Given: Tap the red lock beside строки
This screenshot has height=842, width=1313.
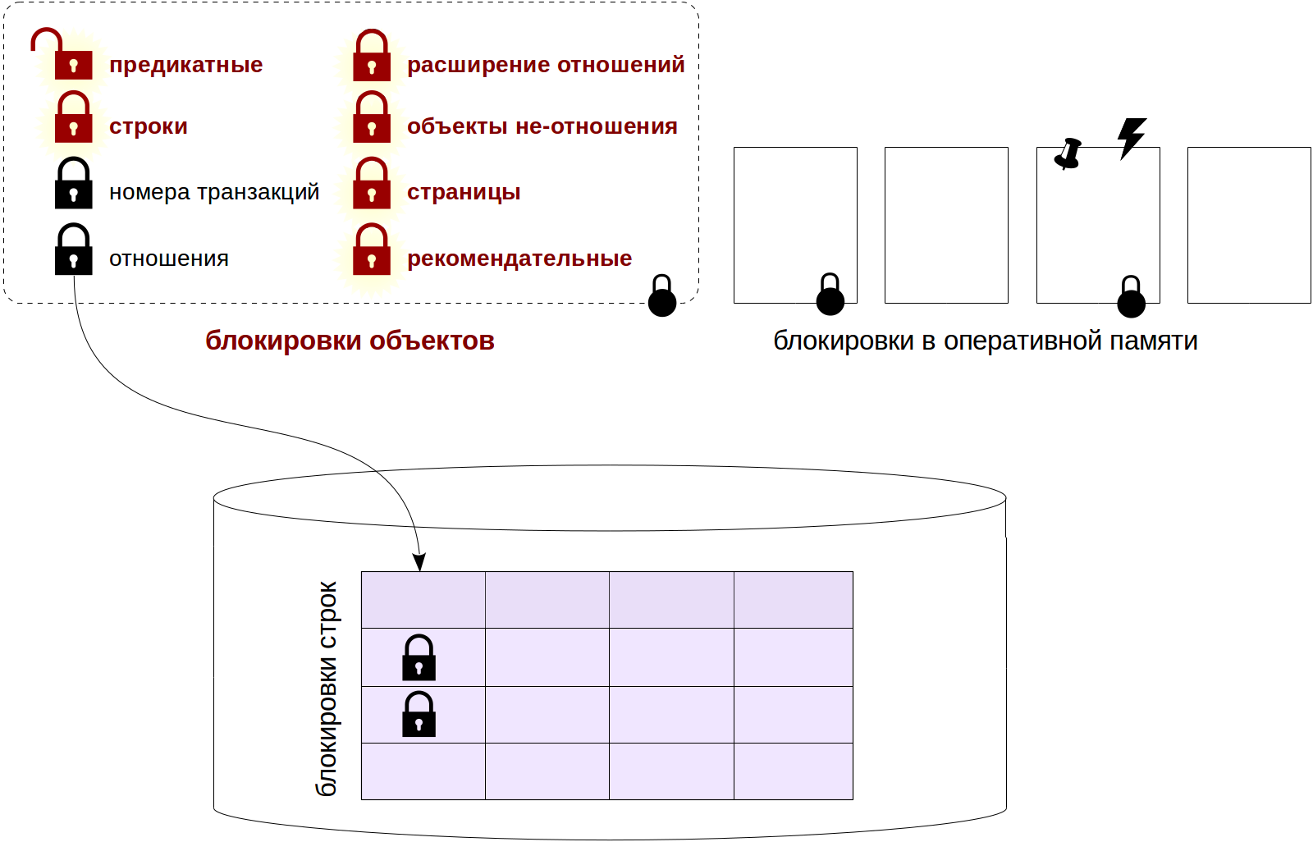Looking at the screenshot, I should coord(73,119).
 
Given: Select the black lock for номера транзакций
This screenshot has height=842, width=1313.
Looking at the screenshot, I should coord(73,185).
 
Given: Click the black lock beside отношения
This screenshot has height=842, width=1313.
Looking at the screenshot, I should coord(73,251).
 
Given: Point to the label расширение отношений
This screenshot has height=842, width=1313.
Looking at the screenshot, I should coord(546,65).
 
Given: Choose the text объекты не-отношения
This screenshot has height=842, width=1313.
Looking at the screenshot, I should coord(542,126).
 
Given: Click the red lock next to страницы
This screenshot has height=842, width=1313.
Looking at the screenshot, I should coord(372,185).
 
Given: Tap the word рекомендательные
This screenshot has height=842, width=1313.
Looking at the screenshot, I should coord(519,259).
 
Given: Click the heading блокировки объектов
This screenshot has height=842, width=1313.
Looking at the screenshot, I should coord(350,341).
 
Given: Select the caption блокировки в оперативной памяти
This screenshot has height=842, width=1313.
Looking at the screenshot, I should coord(986,341).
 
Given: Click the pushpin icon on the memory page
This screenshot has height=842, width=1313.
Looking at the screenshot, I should coord(1068,153).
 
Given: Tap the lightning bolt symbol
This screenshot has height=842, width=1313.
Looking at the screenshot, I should coord(1132,137).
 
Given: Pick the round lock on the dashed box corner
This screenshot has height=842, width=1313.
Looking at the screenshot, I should coord(662,297).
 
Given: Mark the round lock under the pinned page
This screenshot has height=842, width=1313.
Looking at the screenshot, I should coord(1131,298).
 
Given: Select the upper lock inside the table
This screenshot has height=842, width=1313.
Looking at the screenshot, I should coord(419,658).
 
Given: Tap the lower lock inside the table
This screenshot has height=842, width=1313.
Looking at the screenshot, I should coord(419,715).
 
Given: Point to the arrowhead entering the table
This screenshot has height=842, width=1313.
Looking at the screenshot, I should coord(419,563).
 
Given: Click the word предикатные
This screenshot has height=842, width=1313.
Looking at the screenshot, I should coord(186,65).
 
